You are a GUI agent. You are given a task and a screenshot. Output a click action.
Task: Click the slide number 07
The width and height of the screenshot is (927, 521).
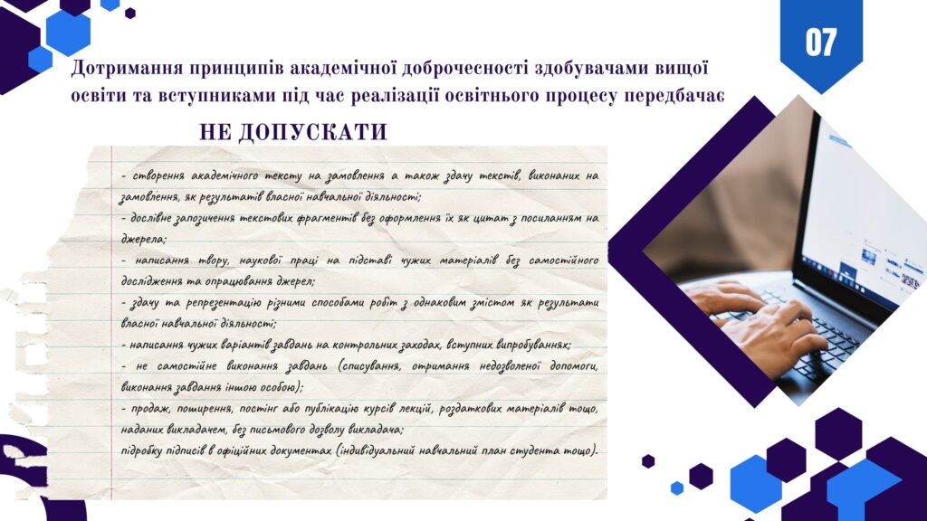click(x=820, y=42)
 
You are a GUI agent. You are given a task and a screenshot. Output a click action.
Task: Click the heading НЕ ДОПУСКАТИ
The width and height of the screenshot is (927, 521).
click(x=293, y=132)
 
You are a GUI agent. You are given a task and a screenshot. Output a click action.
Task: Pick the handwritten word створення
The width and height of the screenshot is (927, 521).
click(x=158, y=176)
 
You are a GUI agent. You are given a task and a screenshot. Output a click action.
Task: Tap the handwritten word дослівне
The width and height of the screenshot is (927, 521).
click(x=151, y=218)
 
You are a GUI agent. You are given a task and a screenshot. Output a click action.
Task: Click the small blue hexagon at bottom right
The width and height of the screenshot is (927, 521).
click(x=677, y=488)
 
